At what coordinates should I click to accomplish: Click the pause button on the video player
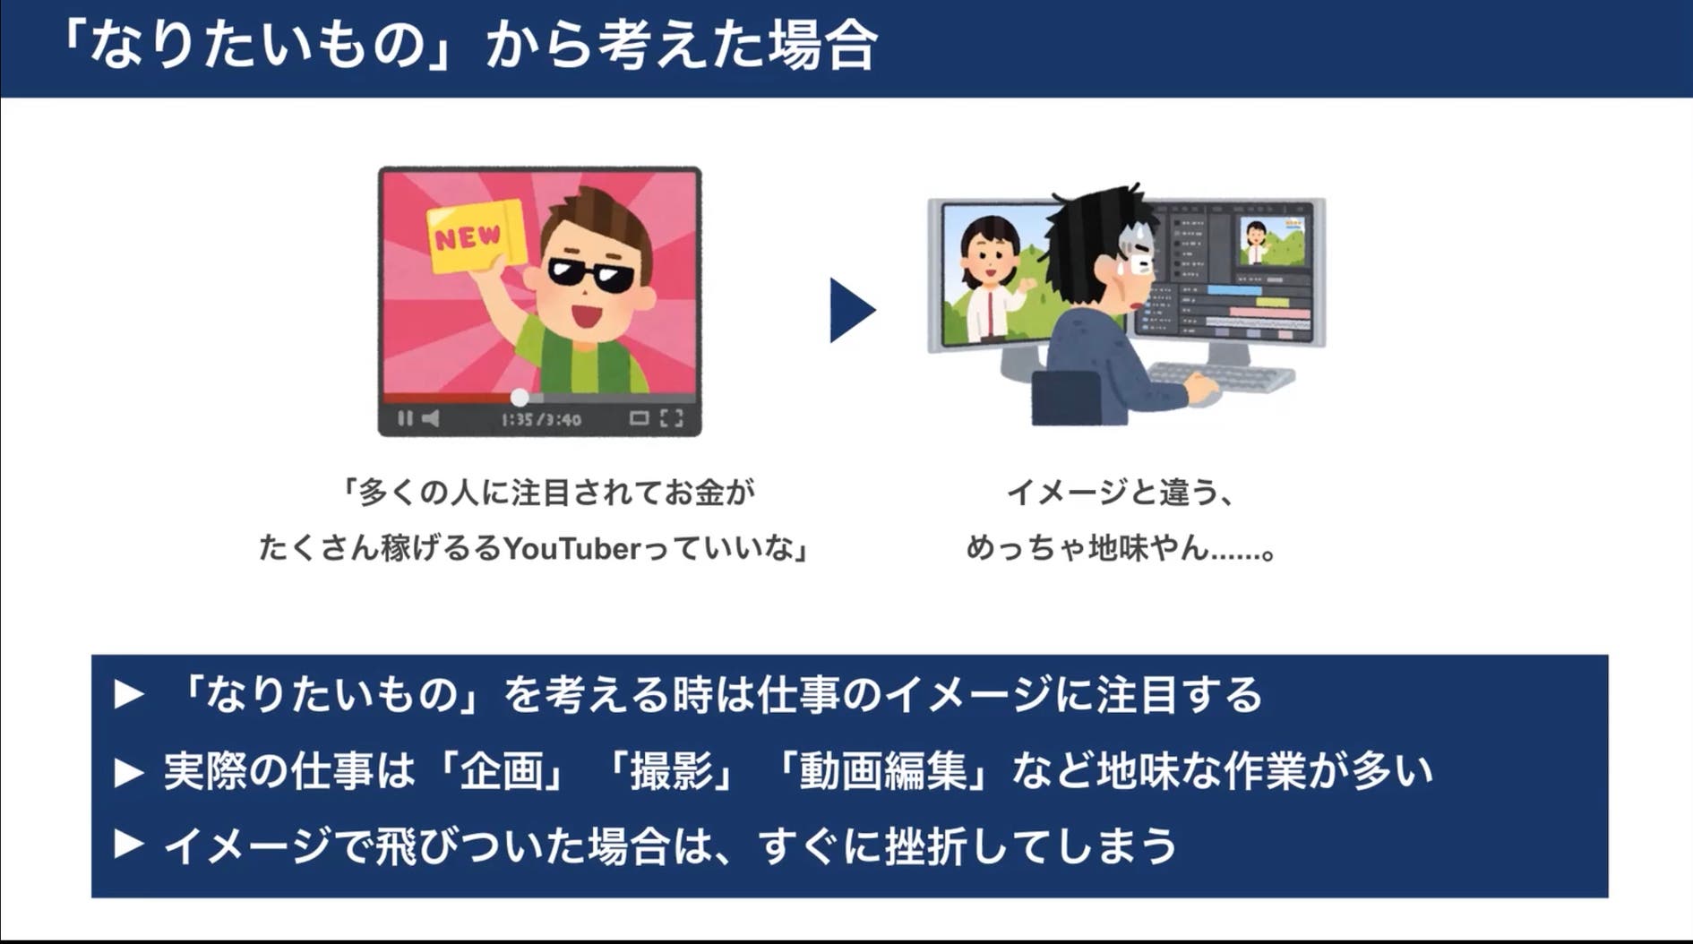click(405, 418)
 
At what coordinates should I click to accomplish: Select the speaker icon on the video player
click(431, 418)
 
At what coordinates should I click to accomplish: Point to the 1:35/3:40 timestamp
click(541, 419)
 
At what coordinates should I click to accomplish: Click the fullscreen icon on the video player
click(672, 418)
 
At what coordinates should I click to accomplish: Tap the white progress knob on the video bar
click(520, 397)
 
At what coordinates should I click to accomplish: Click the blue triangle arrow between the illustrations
click(852, 310)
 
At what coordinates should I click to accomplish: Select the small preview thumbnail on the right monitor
click(1270, 242)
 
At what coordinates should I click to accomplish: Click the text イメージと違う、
click(1121, 492)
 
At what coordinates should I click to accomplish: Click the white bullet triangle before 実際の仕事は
click(129, 772)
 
